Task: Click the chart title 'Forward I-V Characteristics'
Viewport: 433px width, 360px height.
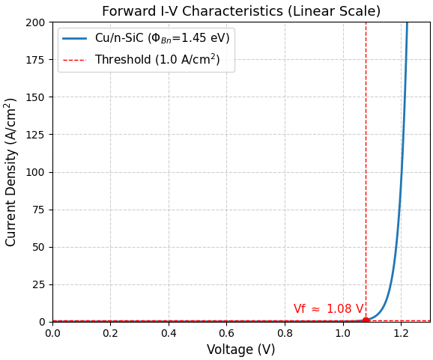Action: point(240,11)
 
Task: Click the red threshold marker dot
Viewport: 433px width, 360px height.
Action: point(366,320)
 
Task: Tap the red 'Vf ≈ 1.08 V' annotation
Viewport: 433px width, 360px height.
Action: point(328,309)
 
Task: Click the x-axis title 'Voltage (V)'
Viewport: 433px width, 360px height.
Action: point(240,350)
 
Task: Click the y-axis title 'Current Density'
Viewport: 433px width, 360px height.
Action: point(11,171)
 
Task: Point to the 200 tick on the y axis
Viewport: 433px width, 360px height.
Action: point(35,22)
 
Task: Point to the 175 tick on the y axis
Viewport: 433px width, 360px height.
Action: point(35,60)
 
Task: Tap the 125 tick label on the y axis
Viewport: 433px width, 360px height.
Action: point(35,135)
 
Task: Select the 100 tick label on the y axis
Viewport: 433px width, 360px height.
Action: point(35,172)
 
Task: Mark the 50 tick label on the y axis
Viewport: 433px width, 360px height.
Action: point(38,247)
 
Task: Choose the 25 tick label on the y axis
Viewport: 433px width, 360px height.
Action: point(38,284)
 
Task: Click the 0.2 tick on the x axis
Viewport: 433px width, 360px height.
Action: point(110,332)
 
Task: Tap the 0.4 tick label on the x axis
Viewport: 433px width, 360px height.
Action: point(169,332)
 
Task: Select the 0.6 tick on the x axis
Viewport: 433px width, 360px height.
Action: point(226,332)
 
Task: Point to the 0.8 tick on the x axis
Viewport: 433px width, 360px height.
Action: point(285,332)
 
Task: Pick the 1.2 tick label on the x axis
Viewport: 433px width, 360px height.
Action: point(401,332)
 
